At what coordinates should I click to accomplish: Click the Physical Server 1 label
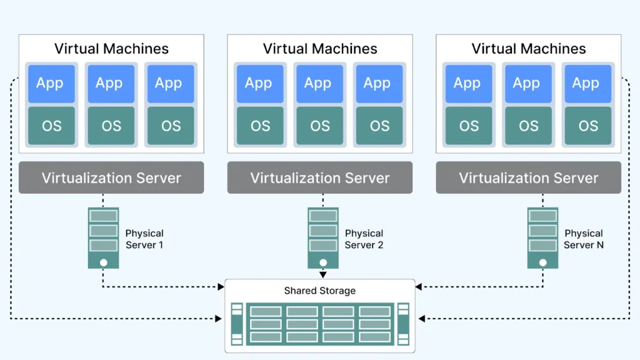tap(144, 239)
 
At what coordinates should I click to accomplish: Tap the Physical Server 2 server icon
tap(322, 238)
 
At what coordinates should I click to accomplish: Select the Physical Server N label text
tap(584, 239)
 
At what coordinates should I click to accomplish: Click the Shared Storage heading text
tap(319, 291)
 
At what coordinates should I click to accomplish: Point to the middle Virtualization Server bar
tap(319, 177)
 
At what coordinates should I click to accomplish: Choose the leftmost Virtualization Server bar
tap(111, 177)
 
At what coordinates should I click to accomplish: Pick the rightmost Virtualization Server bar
tap(528, 177)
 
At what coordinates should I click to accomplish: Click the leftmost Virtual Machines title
tap(111, 49)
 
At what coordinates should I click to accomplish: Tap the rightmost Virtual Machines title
tap(528, 49)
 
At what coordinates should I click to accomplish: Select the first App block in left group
tap(51, 83)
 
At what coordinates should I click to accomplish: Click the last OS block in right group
tap(587, 126)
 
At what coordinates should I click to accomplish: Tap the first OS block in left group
tap(51, 126)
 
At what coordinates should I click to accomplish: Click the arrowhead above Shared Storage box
tap(322, 274)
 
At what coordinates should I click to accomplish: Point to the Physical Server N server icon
tap(542, 238)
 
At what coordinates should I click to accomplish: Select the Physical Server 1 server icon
tap(103, 238)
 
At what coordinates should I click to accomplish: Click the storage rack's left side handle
tap(236, 323)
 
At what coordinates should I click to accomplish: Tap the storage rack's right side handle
tap(403, 323)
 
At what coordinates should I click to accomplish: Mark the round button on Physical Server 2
tap(322, 262)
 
